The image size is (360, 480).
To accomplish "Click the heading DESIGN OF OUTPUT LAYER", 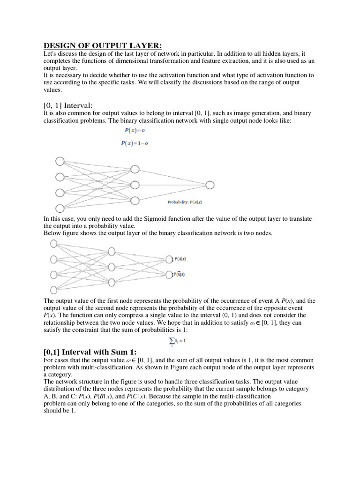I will (103, 45).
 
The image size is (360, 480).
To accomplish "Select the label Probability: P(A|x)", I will (185, 202).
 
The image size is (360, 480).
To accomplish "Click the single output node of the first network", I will (210, 185).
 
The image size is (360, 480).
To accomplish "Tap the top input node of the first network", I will (60, 161).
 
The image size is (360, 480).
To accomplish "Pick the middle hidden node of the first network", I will (135, 185).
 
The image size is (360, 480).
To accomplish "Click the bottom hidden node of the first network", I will (135, 201).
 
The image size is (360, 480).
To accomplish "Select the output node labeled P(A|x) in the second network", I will (169, 259).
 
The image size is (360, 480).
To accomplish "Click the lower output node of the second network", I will (169, 275).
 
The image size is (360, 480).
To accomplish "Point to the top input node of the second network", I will (53, 243).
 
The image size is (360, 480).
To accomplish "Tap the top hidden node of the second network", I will (112, 251).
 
